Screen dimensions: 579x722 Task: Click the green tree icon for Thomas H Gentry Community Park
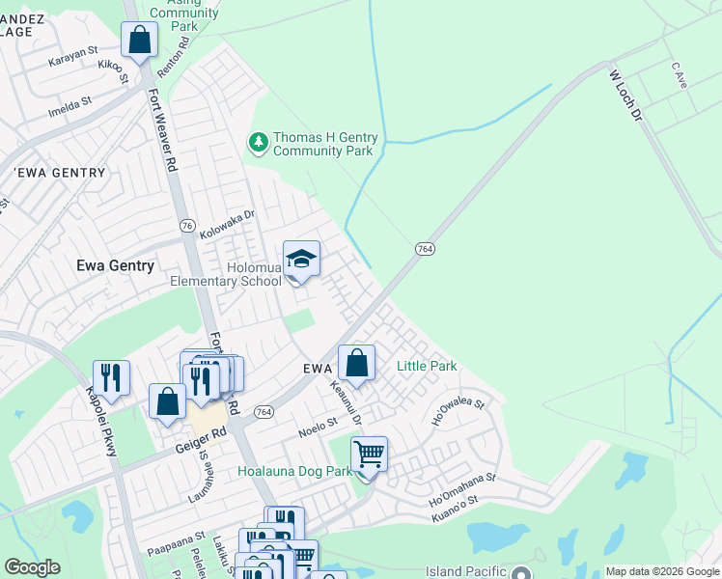coord(258,144)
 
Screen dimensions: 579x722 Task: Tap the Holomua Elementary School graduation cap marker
coord(301,260)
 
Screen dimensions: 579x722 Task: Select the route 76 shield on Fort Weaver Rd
coord(187,225)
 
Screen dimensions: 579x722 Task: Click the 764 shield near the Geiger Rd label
coord(263,412)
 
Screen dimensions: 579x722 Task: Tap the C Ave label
coord(679,70)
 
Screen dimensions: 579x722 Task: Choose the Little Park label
coord(427,367)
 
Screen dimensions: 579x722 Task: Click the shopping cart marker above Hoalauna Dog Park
coord(369,454)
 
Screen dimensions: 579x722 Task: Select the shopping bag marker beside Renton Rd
coord(140,41)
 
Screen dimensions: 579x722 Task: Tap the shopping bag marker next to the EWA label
coord(356,364)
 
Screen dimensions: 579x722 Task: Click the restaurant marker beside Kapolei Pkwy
coord(111,378)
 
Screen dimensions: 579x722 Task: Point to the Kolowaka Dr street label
coord(226,227)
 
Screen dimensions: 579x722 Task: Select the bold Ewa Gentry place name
coord(115,265)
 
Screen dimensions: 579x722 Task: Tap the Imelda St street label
coord(71,100)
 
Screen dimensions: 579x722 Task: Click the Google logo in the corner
coord(32,567)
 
